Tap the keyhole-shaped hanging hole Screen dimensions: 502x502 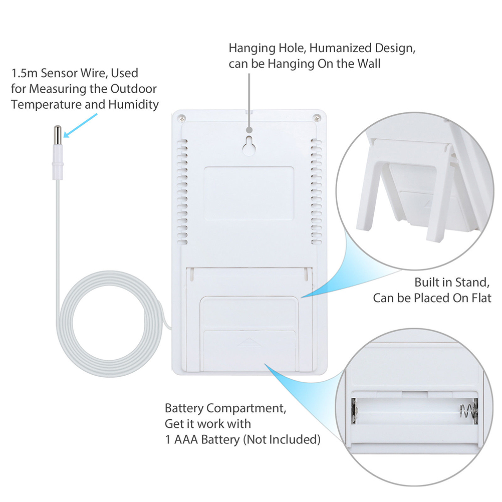249,145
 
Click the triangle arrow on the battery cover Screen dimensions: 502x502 249,344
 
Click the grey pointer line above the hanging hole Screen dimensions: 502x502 249,95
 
